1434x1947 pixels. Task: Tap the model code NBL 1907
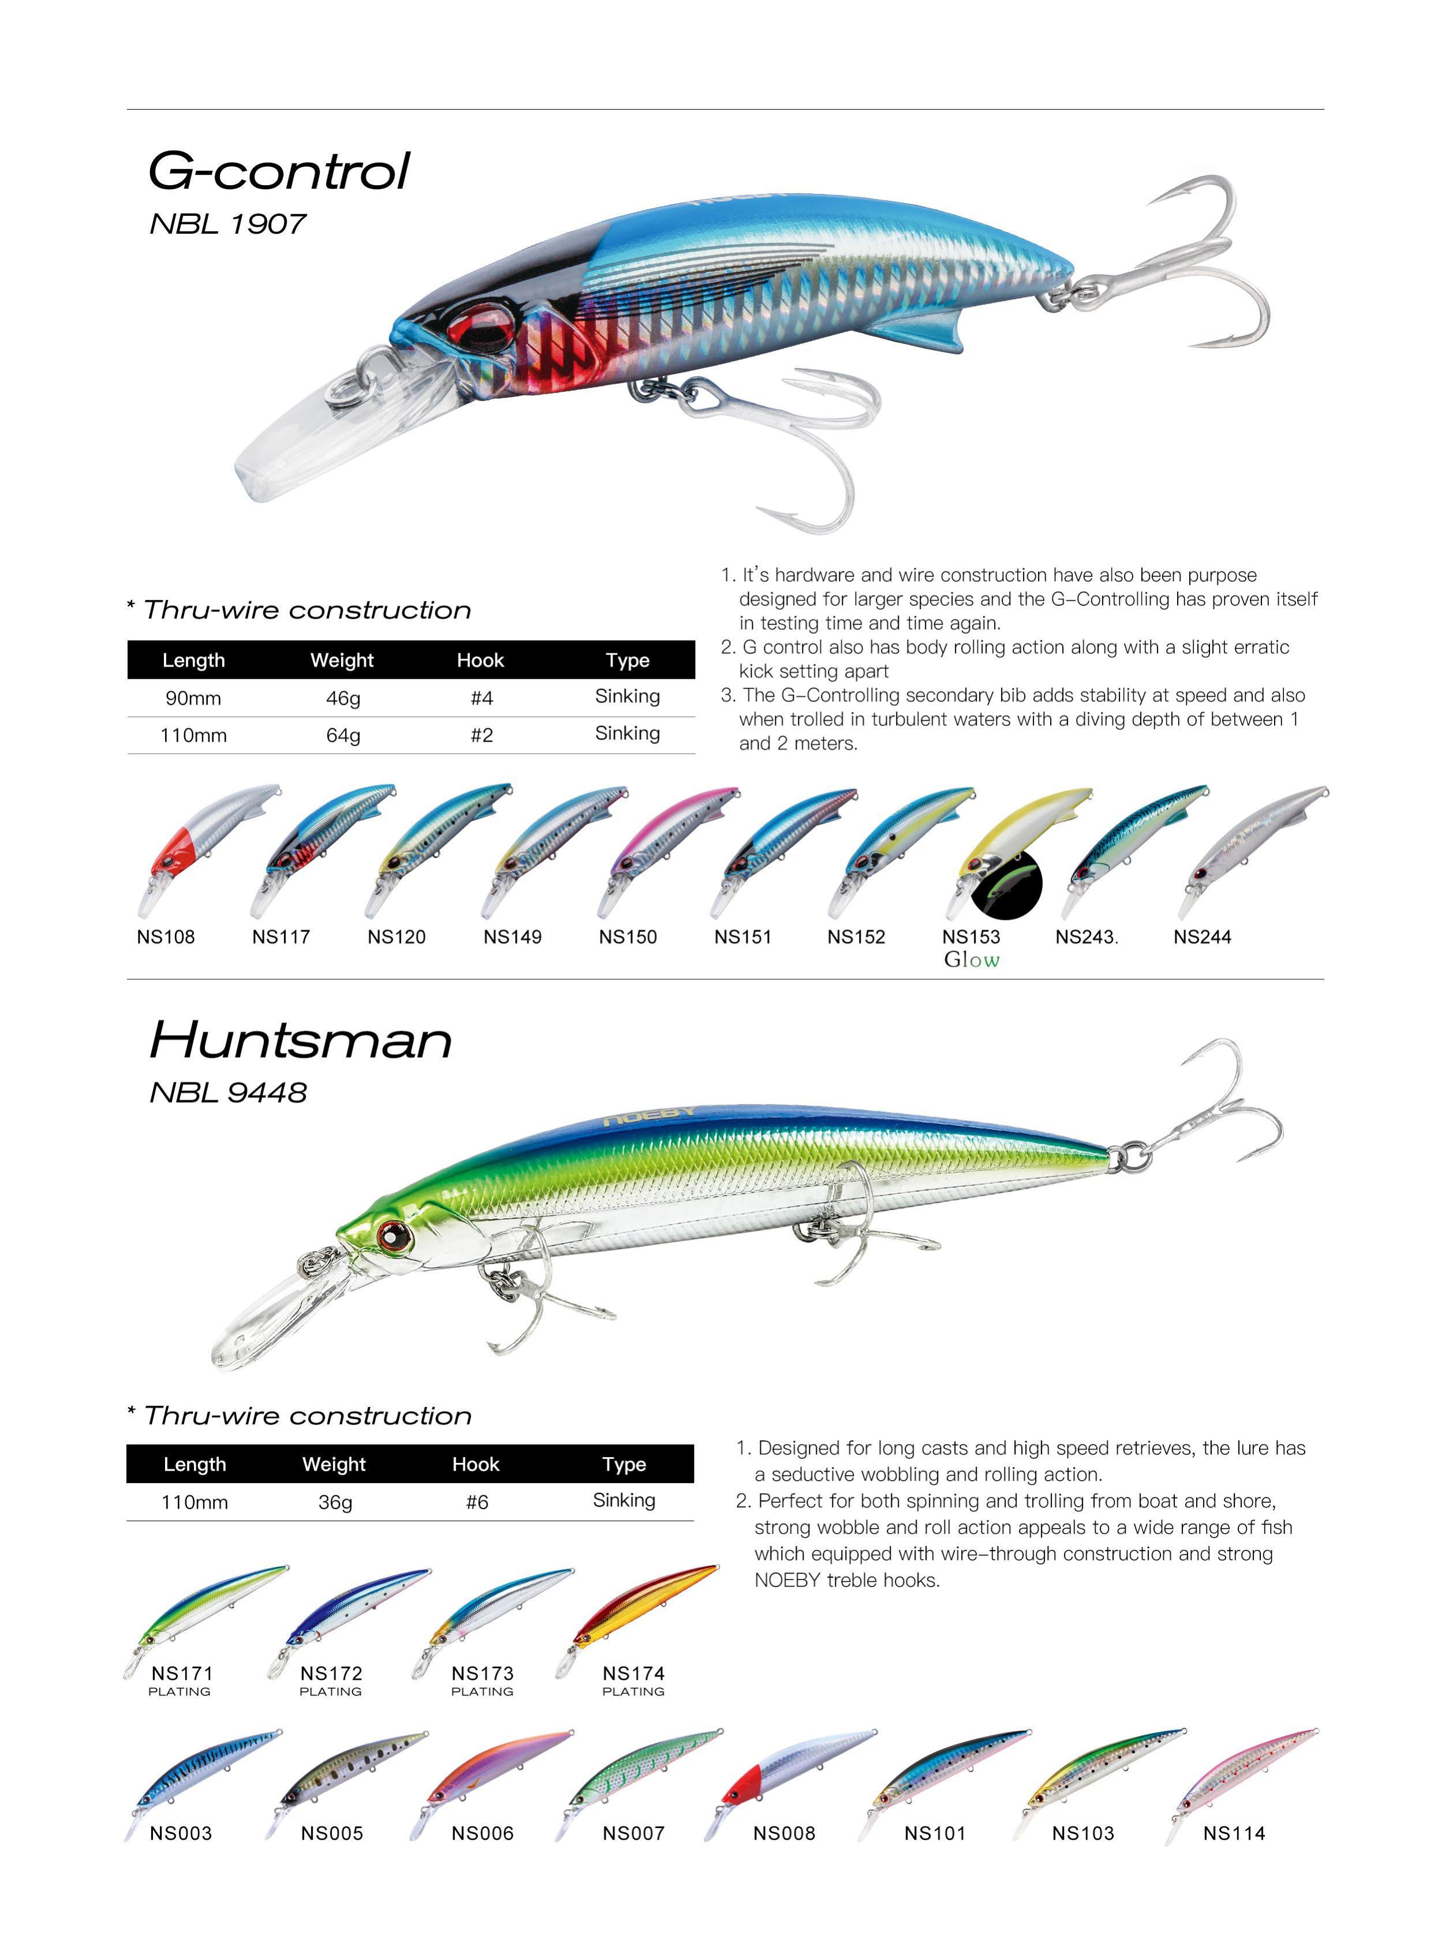[227, 224]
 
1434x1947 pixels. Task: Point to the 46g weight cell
[343, 698]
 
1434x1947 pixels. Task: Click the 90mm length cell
[193, 698]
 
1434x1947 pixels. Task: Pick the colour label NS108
[166, 937]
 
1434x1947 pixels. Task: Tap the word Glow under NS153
[972, 960]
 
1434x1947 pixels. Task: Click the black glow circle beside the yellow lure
[1007, 885]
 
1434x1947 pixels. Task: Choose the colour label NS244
[1203, 937]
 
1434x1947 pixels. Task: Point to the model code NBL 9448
[227, 1092]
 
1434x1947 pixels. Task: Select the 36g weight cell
[335, 1502]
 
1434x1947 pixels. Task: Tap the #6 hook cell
[476, 1502]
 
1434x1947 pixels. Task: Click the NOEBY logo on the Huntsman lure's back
[649, 1116]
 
